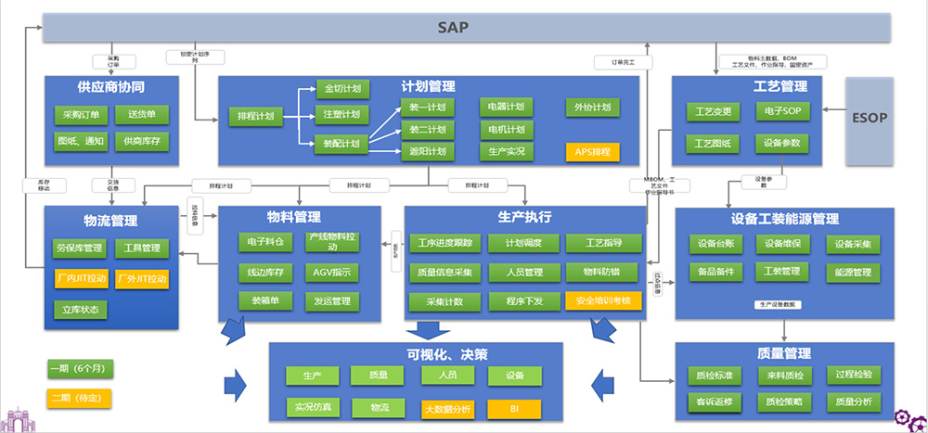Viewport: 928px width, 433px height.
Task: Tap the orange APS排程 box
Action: point(591,151)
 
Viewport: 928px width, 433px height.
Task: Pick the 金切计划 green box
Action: point(342,89)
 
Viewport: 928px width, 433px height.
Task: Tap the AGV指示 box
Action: point(331,273)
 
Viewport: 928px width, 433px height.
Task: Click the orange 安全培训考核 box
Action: point(603,300)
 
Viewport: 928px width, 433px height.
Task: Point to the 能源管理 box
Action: point(853,273)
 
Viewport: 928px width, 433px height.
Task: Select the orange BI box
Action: point(514,407)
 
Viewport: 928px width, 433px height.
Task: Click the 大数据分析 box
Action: point(447,407)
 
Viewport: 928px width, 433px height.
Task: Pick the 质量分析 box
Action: point(853,401)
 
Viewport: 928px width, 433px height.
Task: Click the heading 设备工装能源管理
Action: point(785,220)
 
